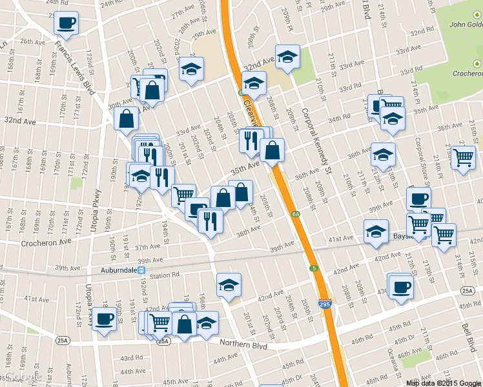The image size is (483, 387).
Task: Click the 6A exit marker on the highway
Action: coord(295,214)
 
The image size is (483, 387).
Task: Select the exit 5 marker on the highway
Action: coord(313,268)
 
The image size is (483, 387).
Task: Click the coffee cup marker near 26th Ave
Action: coord(67,23)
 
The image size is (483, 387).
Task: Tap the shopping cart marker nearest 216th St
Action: coord(463,157)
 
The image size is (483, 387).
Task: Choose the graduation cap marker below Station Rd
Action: coord(229,284)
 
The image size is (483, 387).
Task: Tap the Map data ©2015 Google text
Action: coord(444,382)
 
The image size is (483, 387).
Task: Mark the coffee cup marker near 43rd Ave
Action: coord(400,286)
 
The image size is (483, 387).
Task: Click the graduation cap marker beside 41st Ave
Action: coord(376,232)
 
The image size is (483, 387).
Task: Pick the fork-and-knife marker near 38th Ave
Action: coord(211,221)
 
